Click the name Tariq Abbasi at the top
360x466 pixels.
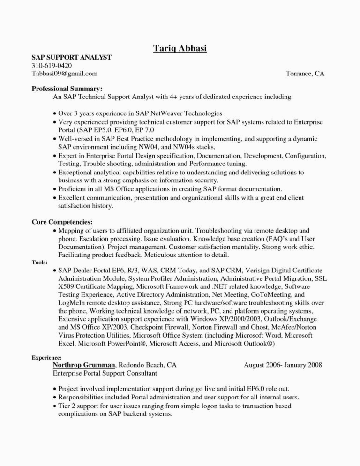[x=180, y=48]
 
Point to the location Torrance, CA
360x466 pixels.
[x=305, y=73]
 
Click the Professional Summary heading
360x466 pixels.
[x=67, y=88]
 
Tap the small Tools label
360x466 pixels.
[x=38, y=263]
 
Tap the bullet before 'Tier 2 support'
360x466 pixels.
[x=55, y=406]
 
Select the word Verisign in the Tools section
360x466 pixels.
[x=259, y=271]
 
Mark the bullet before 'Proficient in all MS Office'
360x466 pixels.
[x=55, y=189]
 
